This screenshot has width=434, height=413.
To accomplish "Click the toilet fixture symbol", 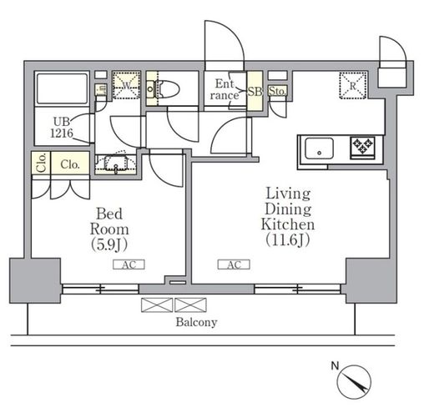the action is (164, 89).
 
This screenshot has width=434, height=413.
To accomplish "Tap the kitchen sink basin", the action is (319, 149).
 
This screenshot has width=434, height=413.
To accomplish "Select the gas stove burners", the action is (362, 145).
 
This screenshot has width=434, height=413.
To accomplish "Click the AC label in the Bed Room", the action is (129, 264).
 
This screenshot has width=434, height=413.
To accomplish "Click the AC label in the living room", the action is (234, 264).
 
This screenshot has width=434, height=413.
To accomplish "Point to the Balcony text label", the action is (196, 322).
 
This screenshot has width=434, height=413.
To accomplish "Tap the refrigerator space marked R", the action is (353, 85).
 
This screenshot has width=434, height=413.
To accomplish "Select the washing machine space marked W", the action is (126, 85).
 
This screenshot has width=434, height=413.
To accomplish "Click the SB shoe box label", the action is (255, 91).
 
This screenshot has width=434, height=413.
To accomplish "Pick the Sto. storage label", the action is (277, 91).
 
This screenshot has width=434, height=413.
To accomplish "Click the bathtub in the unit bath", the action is (62, 88).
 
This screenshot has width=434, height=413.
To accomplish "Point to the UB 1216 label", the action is (62, 128).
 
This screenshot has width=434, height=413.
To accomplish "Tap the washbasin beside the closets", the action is (116, 163).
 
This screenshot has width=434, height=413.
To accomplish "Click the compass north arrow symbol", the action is (354, 382).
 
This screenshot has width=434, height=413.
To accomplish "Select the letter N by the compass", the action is (335, 365).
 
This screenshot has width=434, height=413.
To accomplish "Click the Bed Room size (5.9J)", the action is (109, 244).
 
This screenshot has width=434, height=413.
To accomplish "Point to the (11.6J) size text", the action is (288, 239).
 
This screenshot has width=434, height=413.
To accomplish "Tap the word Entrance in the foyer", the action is (225, 89).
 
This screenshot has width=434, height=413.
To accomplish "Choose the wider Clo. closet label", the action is (70, 164).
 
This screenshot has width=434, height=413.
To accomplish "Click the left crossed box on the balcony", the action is (157, 305).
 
